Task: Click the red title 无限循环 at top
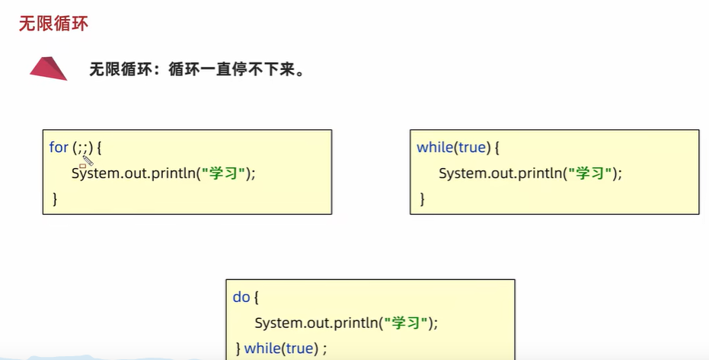(53, 24)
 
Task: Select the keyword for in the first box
(59, 147)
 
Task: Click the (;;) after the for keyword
(83, 147)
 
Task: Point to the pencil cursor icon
(87, 160)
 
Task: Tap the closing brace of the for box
(55, 199)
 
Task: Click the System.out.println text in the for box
(134, 173)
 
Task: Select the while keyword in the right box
(435, 147)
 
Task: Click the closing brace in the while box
(423, 199)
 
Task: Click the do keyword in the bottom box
(241, 297)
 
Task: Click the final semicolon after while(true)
(324, 349)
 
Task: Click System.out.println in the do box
(317, 323)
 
